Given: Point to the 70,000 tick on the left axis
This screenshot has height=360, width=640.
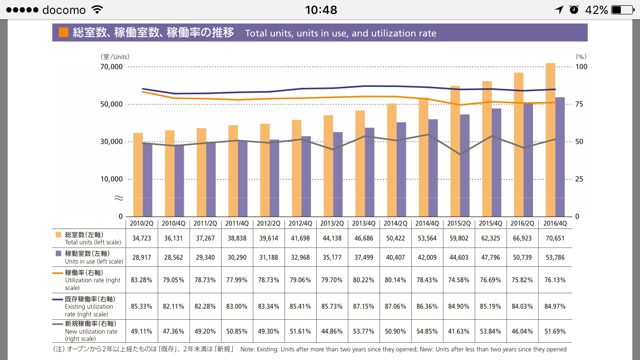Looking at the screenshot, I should (111, 67).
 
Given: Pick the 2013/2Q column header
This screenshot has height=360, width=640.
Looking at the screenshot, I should (332, 223).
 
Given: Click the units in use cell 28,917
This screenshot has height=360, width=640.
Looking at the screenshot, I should (142, 257).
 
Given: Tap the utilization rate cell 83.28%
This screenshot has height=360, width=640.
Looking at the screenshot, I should (142, 280).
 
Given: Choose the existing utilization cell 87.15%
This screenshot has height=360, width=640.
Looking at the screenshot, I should (364, 306).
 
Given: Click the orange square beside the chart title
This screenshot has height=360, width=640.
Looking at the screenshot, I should (63, 33).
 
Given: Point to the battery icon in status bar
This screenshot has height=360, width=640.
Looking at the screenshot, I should (622, 10).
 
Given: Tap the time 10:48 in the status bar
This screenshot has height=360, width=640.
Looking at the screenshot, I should (321, 10).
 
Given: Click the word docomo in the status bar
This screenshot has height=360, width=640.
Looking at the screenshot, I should (64, 10).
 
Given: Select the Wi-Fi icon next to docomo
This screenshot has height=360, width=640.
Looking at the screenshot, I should (97, 10).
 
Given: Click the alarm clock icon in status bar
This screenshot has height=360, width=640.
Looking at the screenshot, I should (574, 10).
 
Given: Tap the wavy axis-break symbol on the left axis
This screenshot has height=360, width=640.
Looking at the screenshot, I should (119, 198).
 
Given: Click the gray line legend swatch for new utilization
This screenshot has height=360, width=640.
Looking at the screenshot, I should (59, 324).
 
